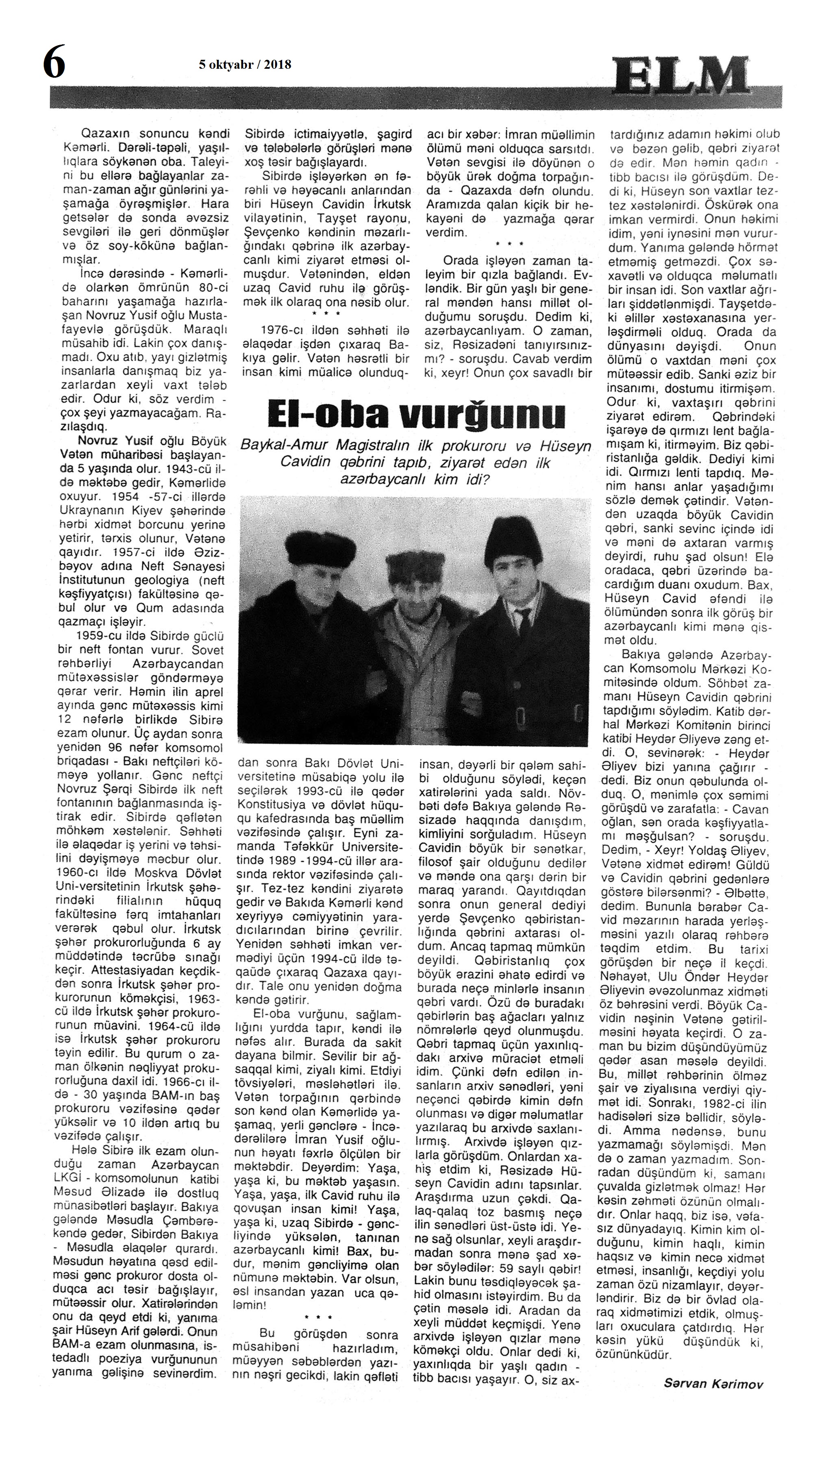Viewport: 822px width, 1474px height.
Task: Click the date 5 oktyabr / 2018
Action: pyautogui.click(x=245, y=65)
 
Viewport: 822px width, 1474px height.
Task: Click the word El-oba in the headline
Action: pyautogui.click(x=328, y=416)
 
